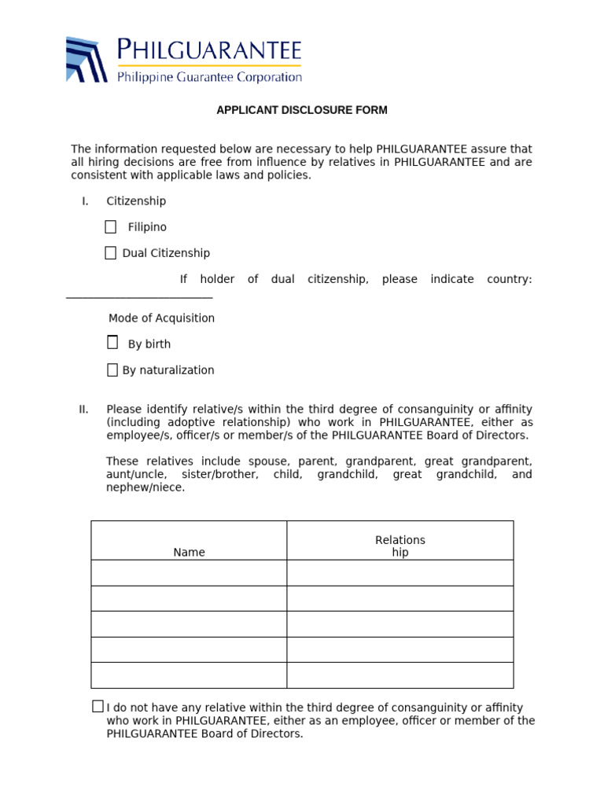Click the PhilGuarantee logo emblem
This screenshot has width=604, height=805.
click(x=86, y=59)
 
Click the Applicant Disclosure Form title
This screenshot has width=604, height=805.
click(x=302, y=110)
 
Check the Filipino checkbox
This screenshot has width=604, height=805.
click(x=111, y=227)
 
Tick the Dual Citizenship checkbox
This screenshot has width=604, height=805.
click(x=111, y=253)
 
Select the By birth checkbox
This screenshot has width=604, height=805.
click(x=112, y=343)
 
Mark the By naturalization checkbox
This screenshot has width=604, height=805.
click(x=112, y=370)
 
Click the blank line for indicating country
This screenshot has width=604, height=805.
click(x=139, y=296)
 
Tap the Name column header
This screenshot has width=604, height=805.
click(x=189, y=552)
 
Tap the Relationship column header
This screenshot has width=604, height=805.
click(x=400, y=546)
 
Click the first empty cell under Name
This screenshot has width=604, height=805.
click(x=189, y=572)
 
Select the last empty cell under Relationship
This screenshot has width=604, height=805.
click(x=400, y=675)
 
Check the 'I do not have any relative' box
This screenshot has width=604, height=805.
click(x=98, y=706)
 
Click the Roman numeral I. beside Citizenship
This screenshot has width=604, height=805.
click(x=85, y=201)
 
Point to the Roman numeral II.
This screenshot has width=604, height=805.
click(x=83, y=409)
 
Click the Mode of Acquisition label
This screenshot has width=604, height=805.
click(x=161, y=318)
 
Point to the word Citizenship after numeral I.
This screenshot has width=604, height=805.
click(x=136, y=201)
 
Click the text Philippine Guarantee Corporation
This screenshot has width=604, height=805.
click(x=209, y=77)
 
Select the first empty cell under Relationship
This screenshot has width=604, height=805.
click(x=400, y=572)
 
